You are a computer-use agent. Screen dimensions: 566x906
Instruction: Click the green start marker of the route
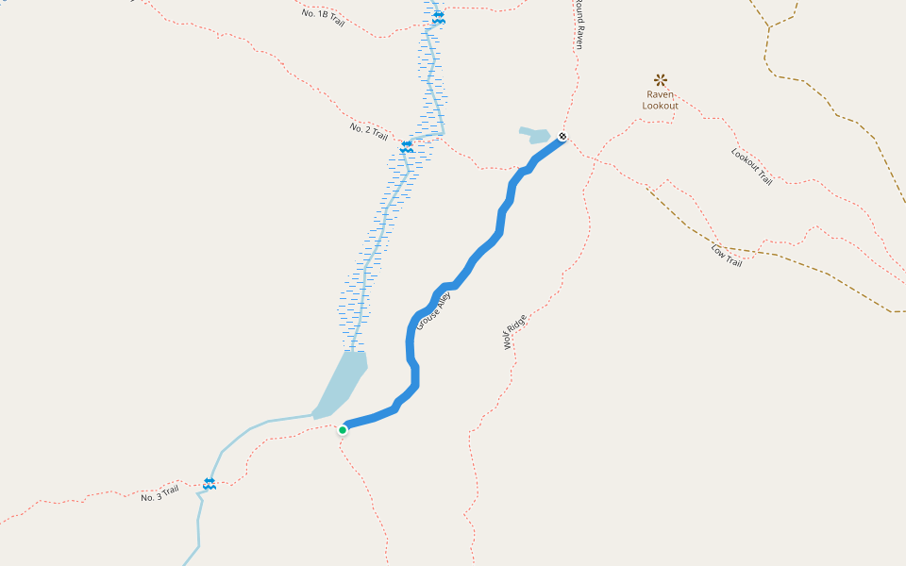point(343,430)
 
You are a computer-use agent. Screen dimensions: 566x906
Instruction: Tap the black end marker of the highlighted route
point(562,137)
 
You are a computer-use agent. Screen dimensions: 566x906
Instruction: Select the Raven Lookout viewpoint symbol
point(661,80)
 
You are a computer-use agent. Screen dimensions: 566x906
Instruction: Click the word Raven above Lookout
point(661,94)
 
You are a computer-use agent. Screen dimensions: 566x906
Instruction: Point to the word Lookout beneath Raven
point(661,106)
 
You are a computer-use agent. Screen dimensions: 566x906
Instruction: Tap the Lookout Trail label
point(751,166)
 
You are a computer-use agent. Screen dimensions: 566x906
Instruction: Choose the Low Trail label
point(727,256)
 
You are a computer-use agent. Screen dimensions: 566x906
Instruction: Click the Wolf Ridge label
point(514,332)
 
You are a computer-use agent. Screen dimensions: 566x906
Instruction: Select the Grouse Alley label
point(434,310)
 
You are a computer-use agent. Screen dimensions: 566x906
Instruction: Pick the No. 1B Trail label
point(323,17)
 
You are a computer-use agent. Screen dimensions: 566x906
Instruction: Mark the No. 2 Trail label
point(368,131)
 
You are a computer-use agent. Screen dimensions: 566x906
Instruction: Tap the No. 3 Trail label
point(159,491)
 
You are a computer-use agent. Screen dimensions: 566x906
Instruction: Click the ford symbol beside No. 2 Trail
point(407,147)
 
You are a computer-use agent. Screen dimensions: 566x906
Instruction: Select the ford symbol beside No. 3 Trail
point(210,483)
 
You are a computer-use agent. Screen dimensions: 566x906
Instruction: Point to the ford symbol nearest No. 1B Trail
point(438,18)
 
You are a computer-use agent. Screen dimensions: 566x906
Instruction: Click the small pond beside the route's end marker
point(535,135)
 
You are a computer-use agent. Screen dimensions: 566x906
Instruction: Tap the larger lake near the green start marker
point(342,382)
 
